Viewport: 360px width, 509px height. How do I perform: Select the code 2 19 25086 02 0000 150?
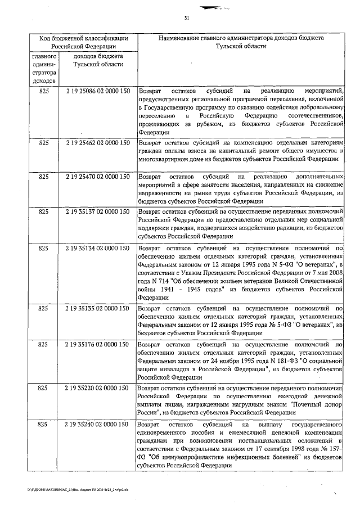[98, 91]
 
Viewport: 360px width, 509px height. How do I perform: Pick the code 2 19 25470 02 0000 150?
[98, 177]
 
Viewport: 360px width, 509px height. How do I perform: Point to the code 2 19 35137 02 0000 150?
[98, 211]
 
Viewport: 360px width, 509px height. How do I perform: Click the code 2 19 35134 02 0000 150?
[98, 247]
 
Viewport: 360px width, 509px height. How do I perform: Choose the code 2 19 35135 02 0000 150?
[98, 308]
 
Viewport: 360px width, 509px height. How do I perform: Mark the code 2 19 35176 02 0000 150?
[98, 343]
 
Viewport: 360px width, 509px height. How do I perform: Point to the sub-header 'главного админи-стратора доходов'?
[44, 69]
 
